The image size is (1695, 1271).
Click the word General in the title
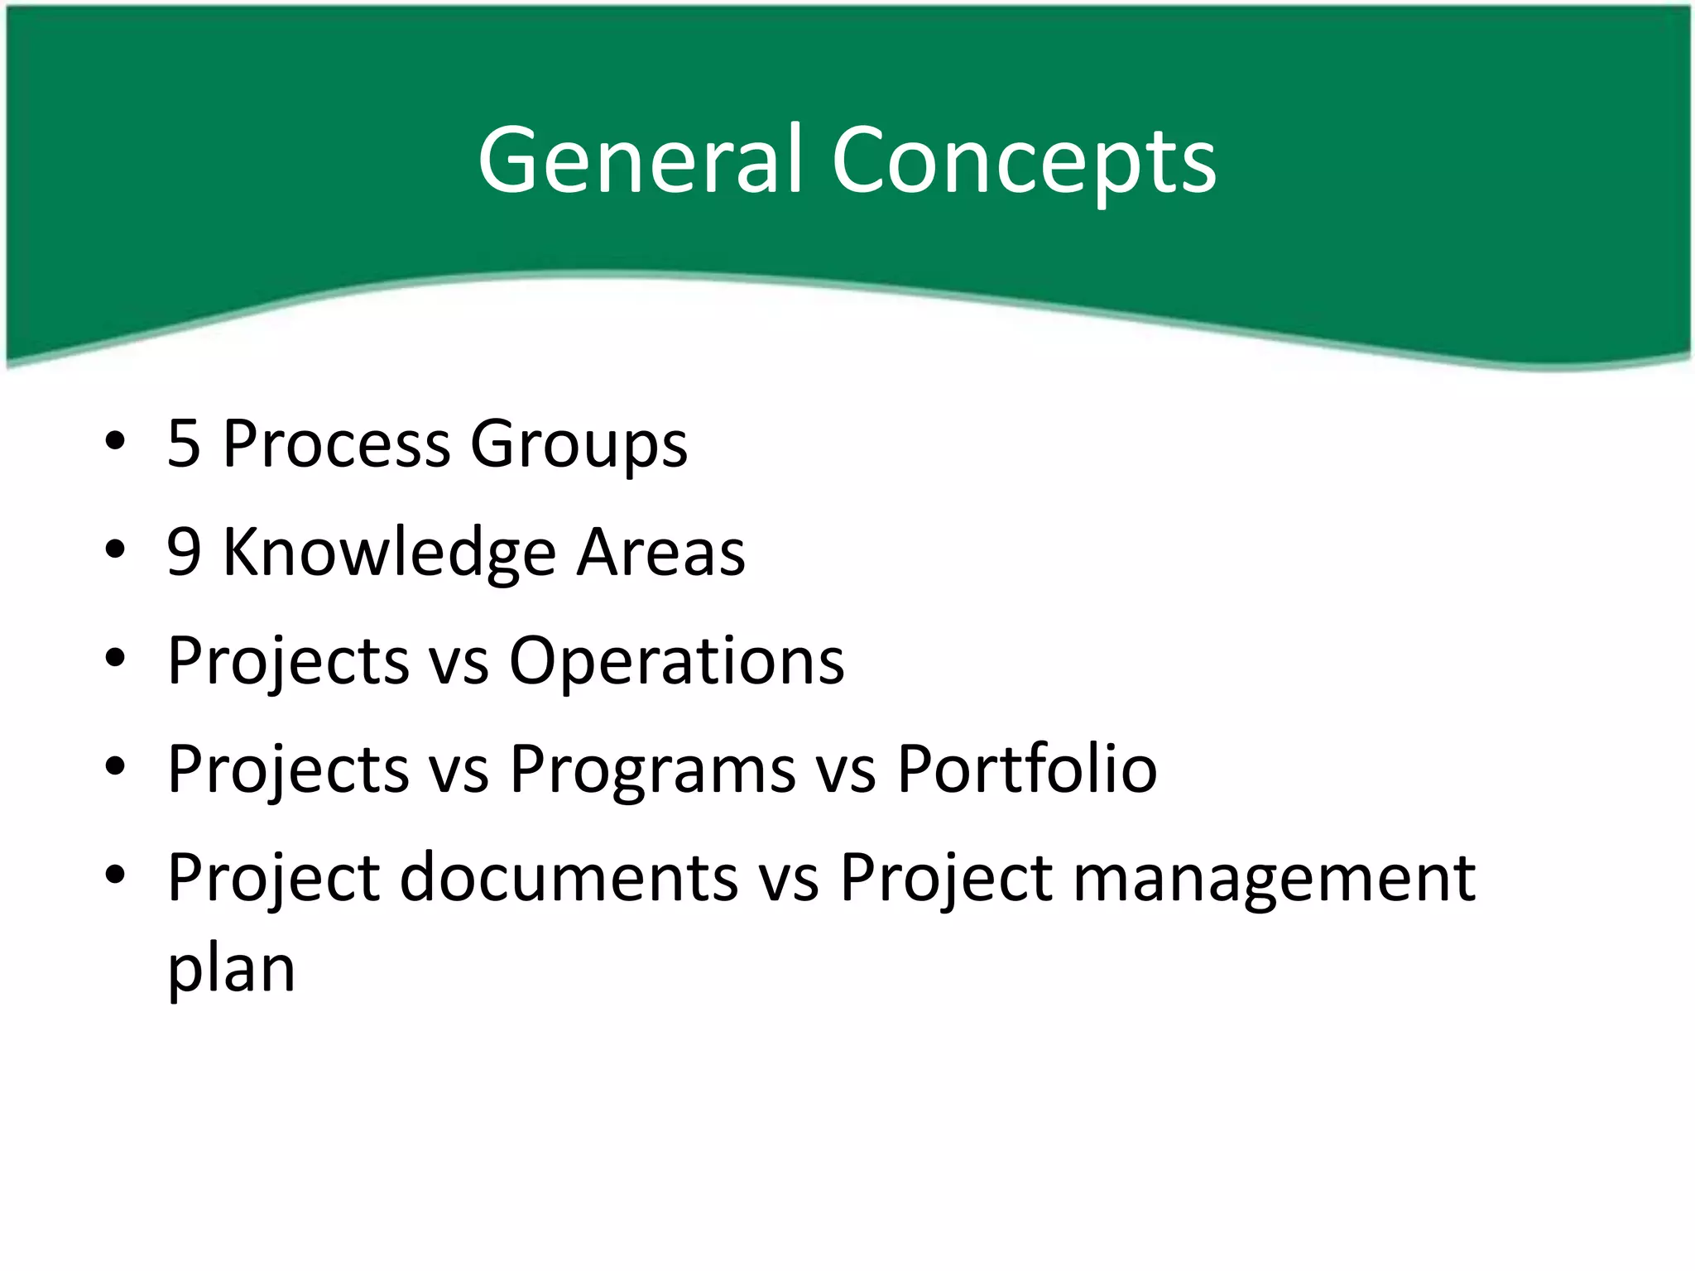pyautogui.click(x=640, y=160)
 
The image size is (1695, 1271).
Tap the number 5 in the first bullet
pyautogui.click(x=184, y=444)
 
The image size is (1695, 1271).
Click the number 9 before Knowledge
pyautogui.click(x=184, y=552)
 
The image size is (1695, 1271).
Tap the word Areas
pyautogui.click(x=661, y=552)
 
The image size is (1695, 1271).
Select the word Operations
pyautogui.click(x=676, y=662)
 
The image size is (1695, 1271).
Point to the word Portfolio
pyautogui.click(x=1027, y=770)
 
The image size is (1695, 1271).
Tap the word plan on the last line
pyautogui.click(x=231, y=970)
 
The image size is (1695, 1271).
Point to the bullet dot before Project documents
pyautogui.click(x=115, y=875)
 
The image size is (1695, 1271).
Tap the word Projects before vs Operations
pyautogui.click(x=288, y=662)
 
